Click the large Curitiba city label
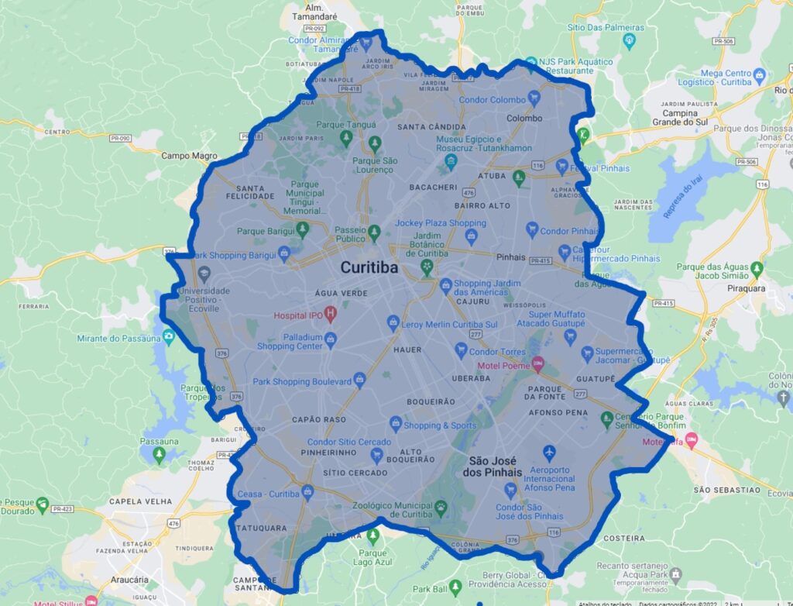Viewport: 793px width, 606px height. point(369,268)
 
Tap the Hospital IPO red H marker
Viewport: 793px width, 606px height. point(330,315)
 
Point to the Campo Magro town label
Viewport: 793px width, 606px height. point(189,156)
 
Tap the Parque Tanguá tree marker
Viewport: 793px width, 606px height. point(345,137)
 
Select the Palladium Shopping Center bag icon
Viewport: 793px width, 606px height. point(331,339)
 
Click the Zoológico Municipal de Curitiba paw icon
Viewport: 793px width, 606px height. point(441,507)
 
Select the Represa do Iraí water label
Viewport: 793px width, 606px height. point(682,195)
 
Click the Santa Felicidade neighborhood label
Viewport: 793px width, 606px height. point(245,192)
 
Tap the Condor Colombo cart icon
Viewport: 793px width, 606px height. point(533,99)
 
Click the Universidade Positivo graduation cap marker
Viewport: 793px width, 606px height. point(204,274)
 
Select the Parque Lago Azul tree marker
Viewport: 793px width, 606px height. point(373,535)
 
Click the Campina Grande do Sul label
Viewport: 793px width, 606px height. point(675,118)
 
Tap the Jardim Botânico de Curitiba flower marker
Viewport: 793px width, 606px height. point(425,266)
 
